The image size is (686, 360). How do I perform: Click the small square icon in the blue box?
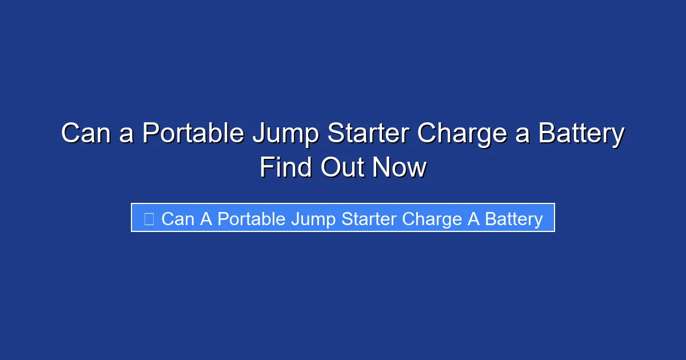coord(149,219)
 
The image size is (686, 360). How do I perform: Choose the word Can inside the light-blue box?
coord(178,219)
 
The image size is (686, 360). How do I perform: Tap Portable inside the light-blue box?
coord(251,219)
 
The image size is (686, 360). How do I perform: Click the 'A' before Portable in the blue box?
coord(206,219)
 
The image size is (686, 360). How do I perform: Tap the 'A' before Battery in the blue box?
coord(474,219)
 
